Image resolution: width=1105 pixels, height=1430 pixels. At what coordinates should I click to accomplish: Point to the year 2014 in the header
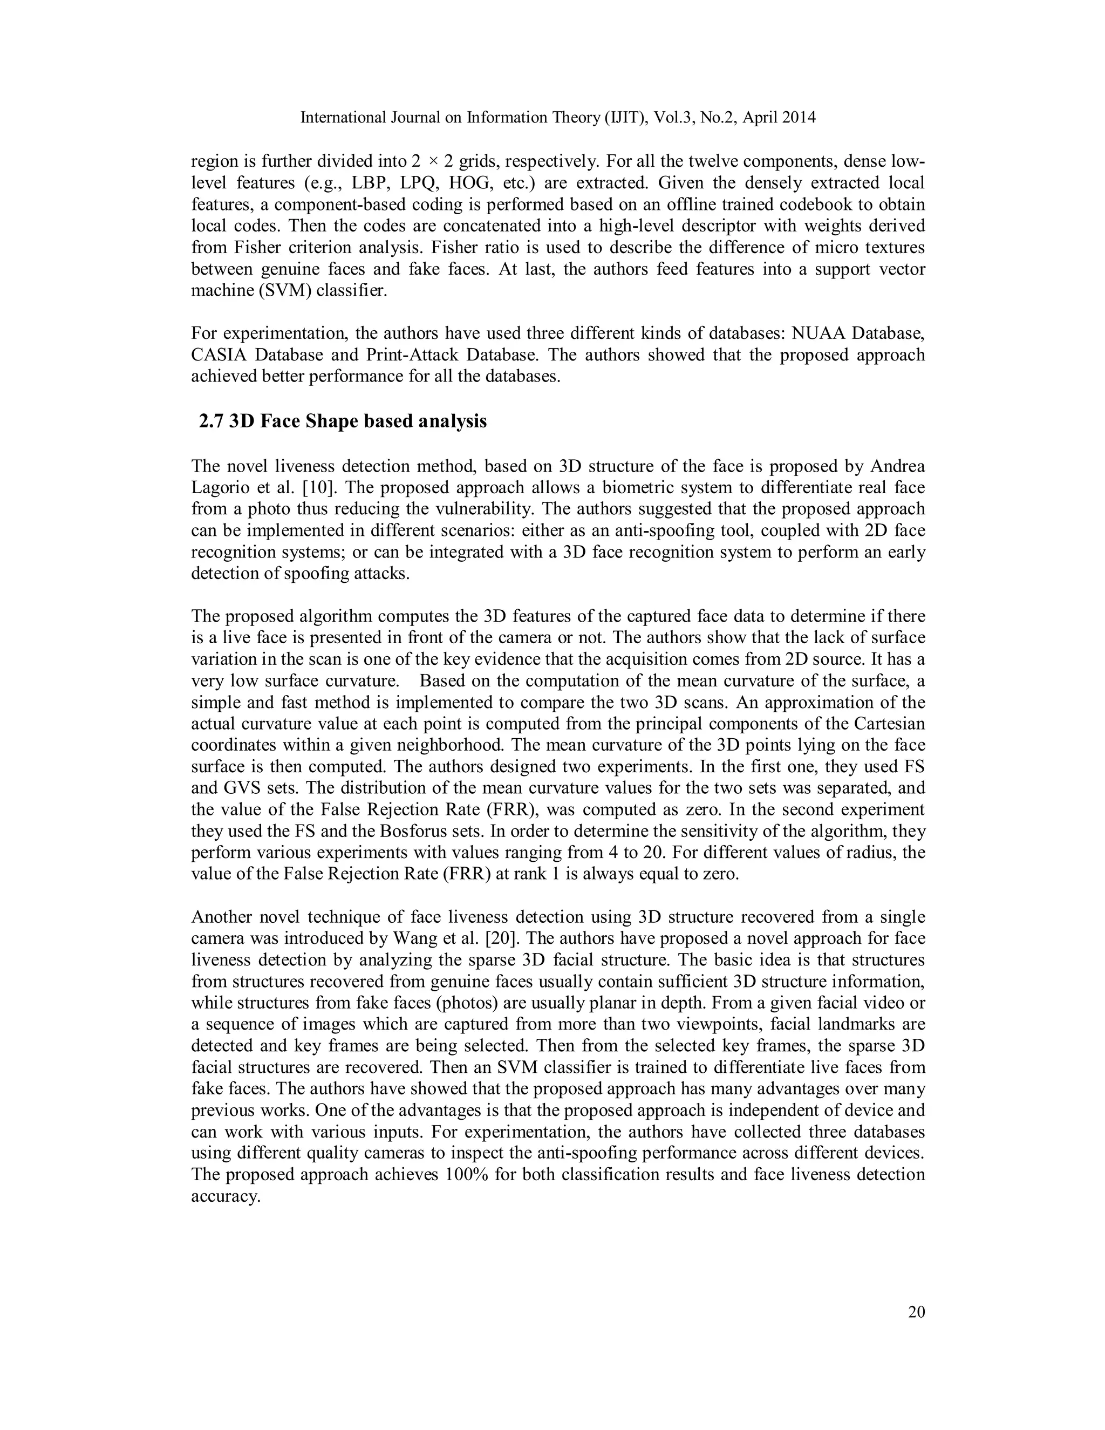(797, 118)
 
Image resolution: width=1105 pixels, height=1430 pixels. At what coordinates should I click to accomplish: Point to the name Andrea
(897, 466)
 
